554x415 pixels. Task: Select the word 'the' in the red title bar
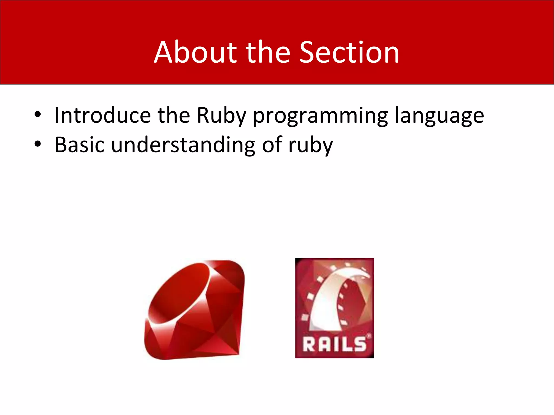[268, 53]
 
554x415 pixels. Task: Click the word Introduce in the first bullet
[103, 115]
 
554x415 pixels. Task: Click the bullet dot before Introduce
[38, 115]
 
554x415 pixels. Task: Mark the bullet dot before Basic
[38, 144]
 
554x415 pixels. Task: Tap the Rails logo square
[334, 308]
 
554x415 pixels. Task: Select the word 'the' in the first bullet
[174, 115]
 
